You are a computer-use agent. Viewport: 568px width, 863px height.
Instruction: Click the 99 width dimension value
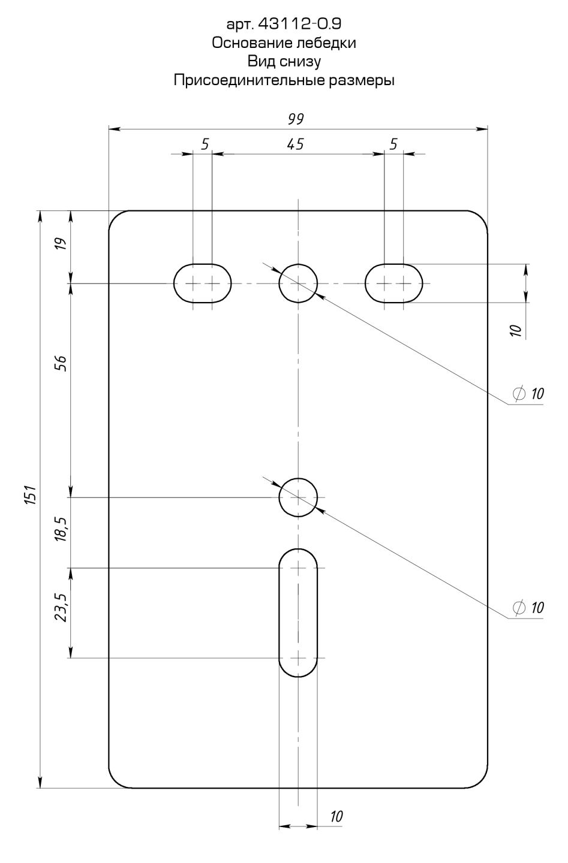point(296,119)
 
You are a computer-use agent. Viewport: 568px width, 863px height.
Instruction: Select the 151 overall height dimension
point(31,494)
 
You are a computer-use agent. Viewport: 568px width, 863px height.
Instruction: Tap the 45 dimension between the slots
point(295,144)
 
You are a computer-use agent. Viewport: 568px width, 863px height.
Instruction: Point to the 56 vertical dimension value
point(62,363)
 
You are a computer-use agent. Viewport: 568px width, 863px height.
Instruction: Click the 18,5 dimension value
point(62,529)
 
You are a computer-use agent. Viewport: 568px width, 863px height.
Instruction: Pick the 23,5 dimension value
point(62,608)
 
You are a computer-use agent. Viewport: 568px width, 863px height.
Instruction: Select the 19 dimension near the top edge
point(62,244)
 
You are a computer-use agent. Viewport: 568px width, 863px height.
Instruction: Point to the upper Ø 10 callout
point(528,393)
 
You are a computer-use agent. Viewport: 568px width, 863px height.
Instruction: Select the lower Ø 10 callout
point(528,608)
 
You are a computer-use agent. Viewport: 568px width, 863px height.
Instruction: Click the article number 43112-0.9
point(299,24)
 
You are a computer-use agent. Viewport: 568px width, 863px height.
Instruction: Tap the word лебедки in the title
point(326,43)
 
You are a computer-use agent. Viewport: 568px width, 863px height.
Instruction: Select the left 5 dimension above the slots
point(205,144)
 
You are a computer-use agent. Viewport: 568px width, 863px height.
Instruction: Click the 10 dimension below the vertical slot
point(336,816)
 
